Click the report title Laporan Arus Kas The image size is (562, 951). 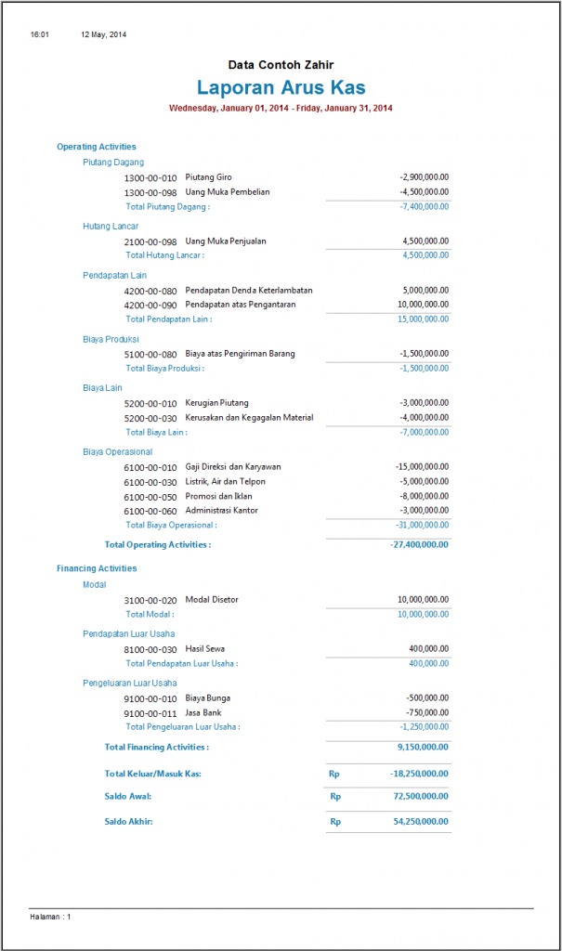tap(281, 88)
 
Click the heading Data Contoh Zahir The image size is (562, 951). tap(281, 65)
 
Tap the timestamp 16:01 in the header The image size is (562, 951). tap(39, 34)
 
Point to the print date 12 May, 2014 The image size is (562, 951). tap(103, 34)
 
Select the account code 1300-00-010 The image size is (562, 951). tap(150, 177)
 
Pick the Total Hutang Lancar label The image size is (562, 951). tap(164, 254)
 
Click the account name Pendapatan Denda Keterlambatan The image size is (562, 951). tap(249, 291)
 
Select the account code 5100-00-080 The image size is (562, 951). tap(150, 355)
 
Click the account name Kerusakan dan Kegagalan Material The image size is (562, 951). tap(249, 418)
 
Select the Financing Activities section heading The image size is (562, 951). tap(97, 568)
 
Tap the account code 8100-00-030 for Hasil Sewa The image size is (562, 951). tap(150, 649)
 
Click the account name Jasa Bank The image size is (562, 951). tap(203, 712)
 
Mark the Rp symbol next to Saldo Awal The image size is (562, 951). tap(335, 796)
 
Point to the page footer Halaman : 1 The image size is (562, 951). tap(50, 917)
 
